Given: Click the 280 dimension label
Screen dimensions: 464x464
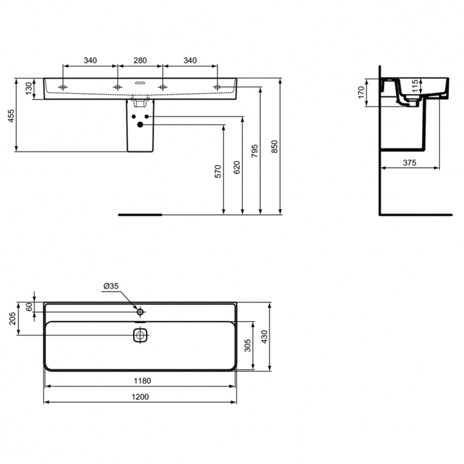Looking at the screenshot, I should (140, 61).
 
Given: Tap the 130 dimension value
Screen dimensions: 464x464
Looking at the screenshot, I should (28, 88).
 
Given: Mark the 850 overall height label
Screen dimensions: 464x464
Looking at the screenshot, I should (276, 146).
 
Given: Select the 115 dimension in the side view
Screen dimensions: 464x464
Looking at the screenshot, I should (415, 85).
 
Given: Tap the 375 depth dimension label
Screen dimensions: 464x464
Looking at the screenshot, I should (409, 163).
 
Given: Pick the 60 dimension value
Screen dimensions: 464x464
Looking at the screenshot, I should (28, 307).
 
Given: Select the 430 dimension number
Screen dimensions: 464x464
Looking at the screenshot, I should (265, 338).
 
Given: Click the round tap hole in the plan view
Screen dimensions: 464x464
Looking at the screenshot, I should (140, 311).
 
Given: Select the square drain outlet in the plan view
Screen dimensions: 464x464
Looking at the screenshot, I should (140, 335).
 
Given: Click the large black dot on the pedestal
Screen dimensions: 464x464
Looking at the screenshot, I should (140, 125).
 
